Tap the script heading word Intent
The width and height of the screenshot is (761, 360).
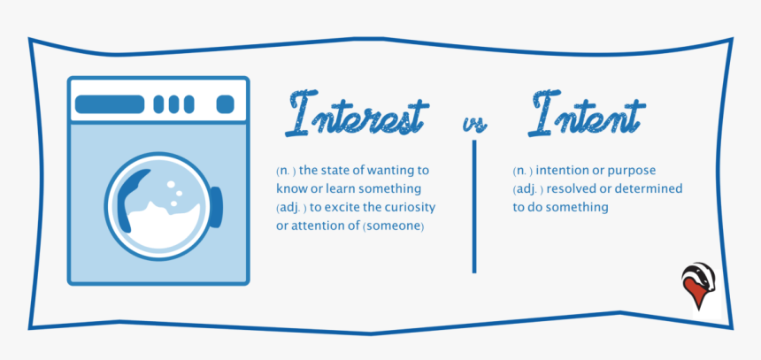pos(587,112)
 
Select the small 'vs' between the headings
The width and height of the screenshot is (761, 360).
pos(474,124)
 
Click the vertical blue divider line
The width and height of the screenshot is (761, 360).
pos(474,207)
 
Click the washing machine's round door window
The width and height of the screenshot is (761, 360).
pos(158,206)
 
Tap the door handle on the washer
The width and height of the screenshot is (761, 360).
pos(217,207)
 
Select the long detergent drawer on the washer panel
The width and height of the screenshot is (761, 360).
pos(110,104)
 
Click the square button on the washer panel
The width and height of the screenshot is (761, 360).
pos(225,104)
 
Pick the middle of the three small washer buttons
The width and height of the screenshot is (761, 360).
pos(173,104)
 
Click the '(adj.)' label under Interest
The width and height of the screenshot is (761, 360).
pos(292,208)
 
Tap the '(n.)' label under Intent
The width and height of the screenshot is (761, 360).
pos(523,172)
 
